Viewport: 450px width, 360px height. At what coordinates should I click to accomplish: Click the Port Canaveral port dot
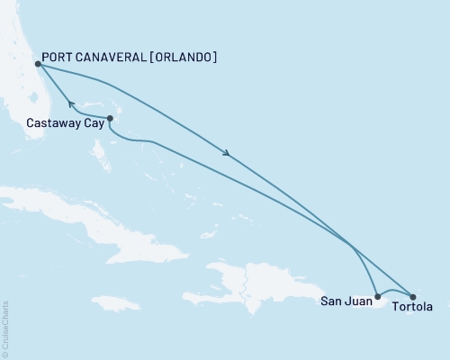(x=37, y=64)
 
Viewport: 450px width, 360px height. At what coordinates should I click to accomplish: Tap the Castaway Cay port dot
(x=110, y=118)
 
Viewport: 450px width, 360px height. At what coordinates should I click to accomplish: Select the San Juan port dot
(x=377, y=296)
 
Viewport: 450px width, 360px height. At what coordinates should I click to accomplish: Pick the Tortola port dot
(x=413, y=296)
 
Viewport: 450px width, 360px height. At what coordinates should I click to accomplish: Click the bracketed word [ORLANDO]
(x=187, y=58)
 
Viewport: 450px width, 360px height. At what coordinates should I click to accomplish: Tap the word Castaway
(x=51, y=124)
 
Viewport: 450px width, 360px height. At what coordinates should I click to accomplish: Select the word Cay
(x=92, y=124)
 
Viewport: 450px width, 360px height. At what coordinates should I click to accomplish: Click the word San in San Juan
(x=330, y=302)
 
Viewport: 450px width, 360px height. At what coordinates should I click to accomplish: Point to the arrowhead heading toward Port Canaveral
(x=71, y=104)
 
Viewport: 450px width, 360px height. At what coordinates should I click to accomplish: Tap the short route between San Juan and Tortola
(x=394, y=292)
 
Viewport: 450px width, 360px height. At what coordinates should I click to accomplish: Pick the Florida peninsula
(x=27, y=90)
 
